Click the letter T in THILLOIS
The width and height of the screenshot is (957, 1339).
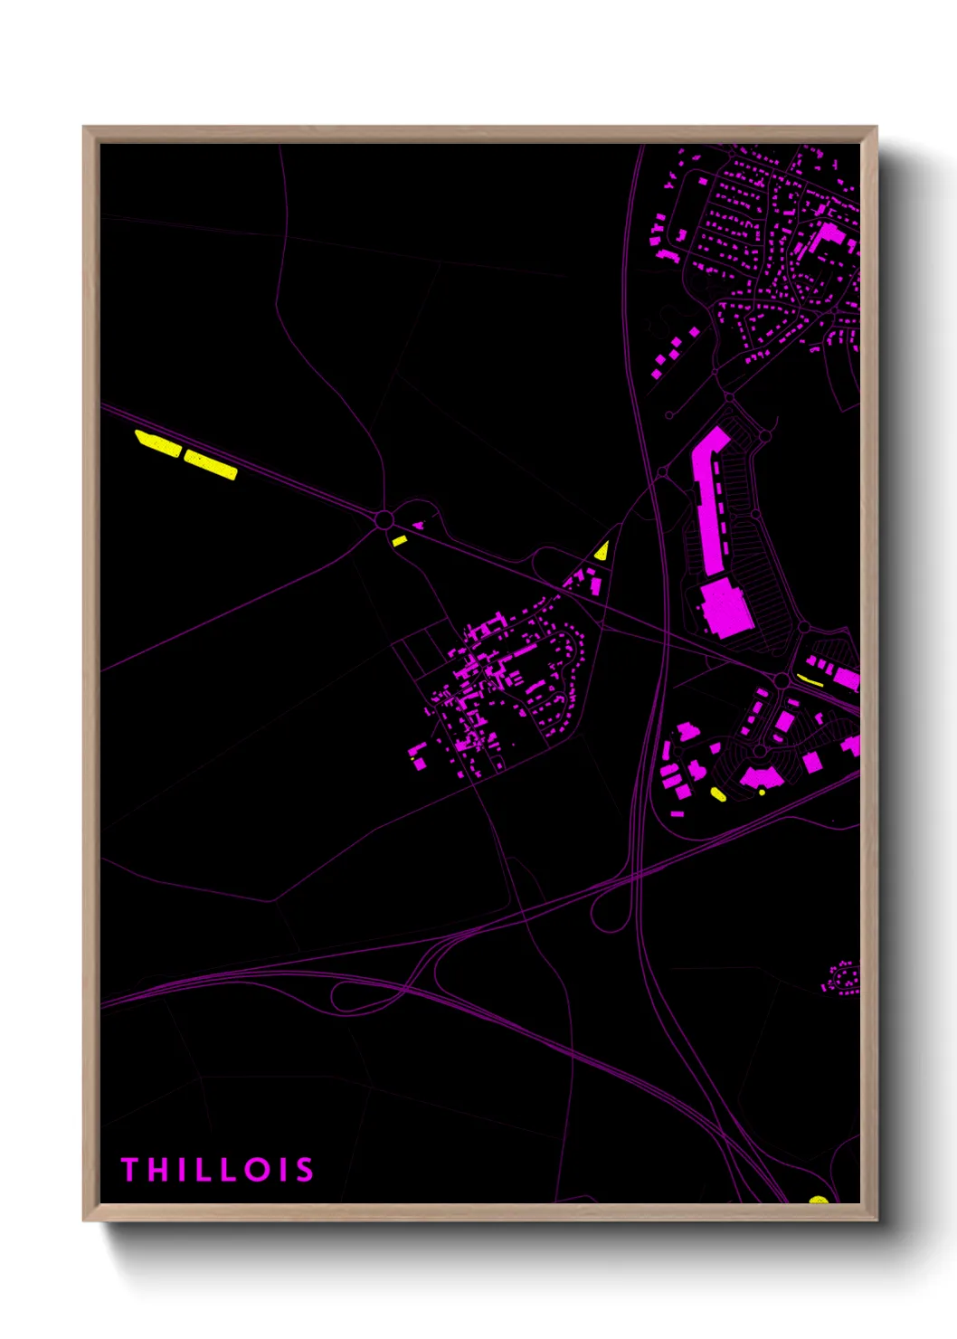point(129,1170)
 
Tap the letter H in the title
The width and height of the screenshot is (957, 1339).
point(158,1170)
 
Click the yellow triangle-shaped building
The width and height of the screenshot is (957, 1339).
point(602,551)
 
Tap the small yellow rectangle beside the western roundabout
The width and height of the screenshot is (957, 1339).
point(399,541)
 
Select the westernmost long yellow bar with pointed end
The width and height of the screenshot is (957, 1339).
point(157,443)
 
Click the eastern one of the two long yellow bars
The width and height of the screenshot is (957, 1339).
point(211,465)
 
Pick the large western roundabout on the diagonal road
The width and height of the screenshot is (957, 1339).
point(384,520)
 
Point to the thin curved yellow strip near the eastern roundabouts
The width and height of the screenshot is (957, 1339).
point(810,680)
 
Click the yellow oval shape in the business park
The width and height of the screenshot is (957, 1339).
point(718,794)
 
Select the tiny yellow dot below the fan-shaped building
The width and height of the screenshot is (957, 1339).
point(763,793)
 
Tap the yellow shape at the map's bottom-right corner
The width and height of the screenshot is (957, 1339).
point(819,1201)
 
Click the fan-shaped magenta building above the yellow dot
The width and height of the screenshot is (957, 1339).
point(761,776)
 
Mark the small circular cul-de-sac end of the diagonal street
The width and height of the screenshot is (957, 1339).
point(669,416)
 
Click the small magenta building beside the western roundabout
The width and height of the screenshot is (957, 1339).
point(418,525)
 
